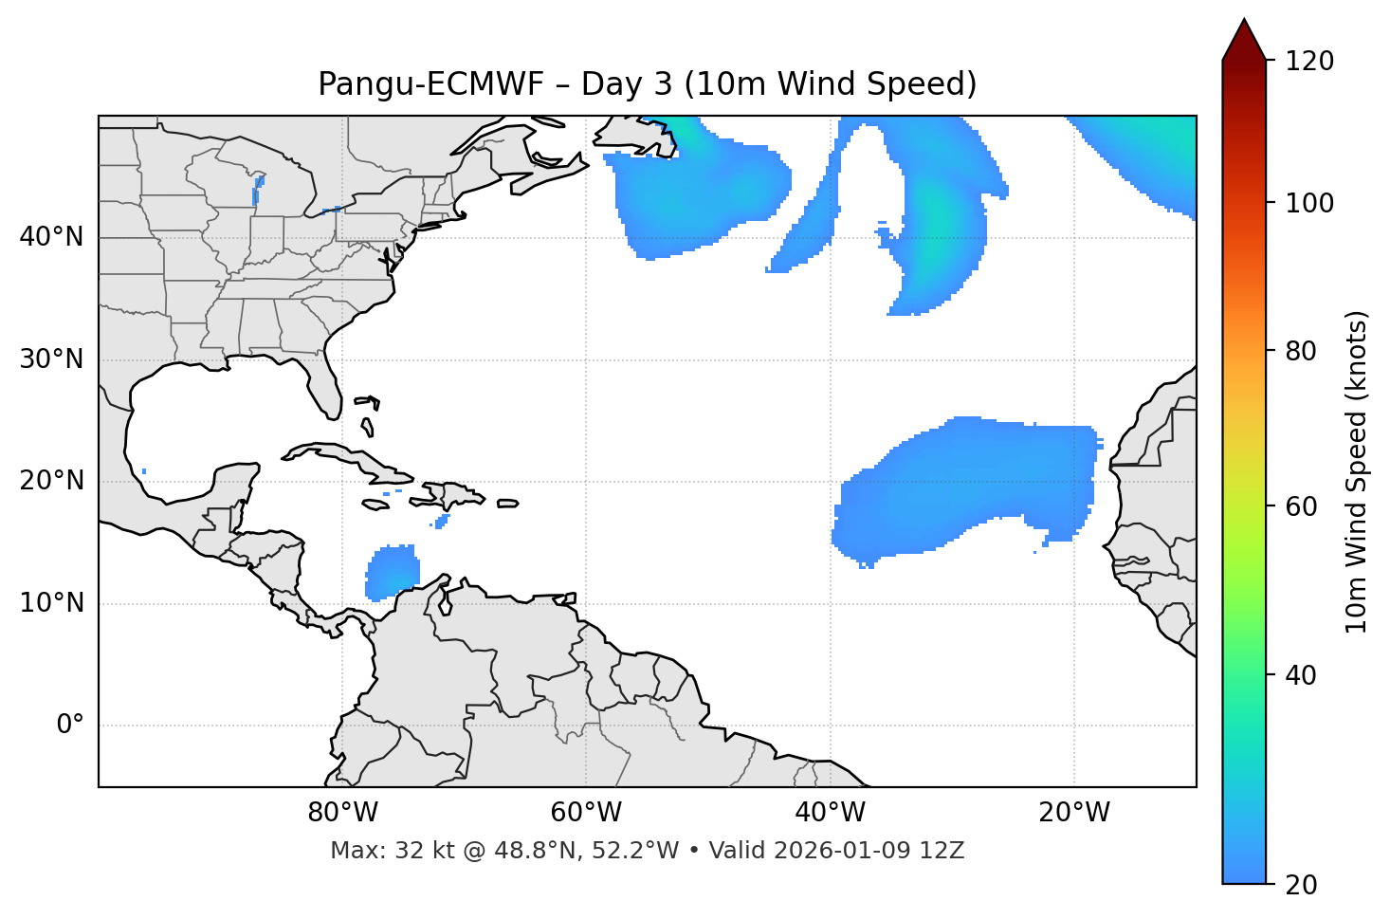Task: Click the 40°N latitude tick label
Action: (x=51, y=237)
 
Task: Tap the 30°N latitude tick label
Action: (x=51, y=359)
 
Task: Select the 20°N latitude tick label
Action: (x=51, y=481)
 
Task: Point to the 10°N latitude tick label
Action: (x=51, y=603)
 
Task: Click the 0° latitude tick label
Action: (x=70, y=726)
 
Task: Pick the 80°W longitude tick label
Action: (x=342, y=813)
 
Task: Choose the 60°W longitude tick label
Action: (x=586, y=813)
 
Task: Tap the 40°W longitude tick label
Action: (x=830, y=813)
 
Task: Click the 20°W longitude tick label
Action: (x=1074, y=813)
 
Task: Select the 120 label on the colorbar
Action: (x=1309, y=62)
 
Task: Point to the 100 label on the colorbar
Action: (x=1309, y=203)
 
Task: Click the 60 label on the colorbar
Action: (x=1302, y=506)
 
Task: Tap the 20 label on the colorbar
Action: (x=1302, y=885)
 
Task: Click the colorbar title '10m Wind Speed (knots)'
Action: (x=1357, y=472)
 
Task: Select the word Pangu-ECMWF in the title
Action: (x=430, y=84)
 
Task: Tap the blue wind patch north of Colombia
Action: (x=393, y=572)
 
